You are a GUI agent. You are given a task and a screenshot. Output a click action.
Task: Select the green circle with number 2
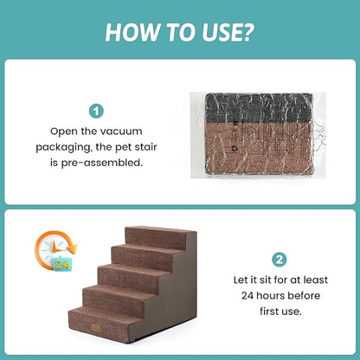pyautogui.click(x=280, y=259)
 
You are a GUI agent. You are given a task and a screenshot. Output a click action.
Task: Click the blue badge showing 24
pyautogui.click(x=63, y=264)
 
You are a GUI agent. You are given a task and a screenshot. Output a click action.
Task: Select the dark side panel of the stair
pyautogui.click(x=190, y=294)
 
